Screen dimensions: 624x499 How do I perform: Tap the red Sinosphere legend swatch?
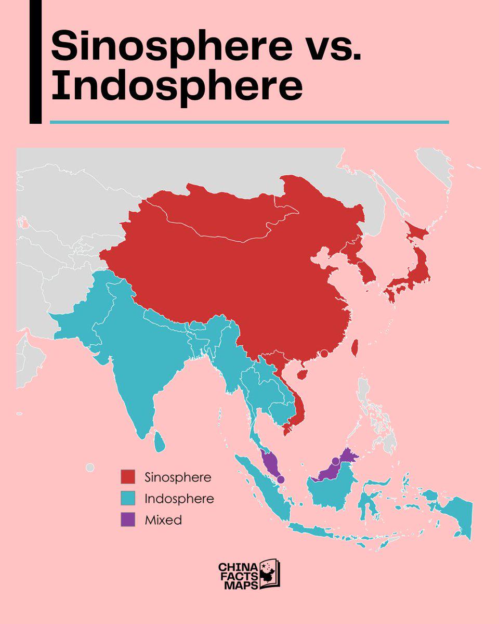[x=128, y=477]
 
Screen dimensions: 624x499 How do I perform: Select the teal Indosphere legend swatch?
[x=128, y=498]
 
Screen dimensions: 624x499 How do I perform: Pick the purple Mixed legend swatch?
[x=128, y=519]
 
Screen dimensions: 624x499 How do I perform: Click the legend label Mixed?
[x=164, y=519]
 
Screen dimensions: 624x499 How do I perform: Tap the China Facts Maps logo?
[x=249, y=575]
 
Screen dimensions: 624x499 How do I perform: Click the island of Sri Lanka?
[x=160, y=443]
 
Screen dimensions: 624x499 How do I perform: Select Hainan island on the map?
[x=302, y=373]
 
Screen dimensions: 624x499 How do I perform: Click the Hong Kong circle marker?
[x=324, y=354]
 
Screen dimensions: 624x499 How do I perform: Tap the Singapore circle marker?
[x=281, y=479]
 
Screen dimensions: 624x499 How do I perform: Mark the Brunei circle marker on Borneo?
[x=335, y=461]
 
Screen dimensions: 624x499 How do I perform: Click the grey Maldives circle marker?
[x=90, y=468]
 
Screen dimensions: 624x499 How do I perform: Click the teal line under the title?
[x=249, y=122]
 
